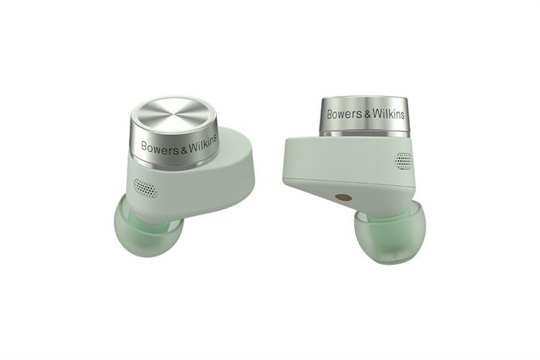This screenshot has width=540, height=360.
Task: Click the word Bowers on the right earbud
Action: pos(344,114)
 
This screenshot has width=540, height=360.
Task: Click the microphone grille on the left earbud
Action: pos(146,188)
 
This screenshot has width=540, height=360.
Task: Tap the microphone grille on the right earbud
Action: pos(403,161)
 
